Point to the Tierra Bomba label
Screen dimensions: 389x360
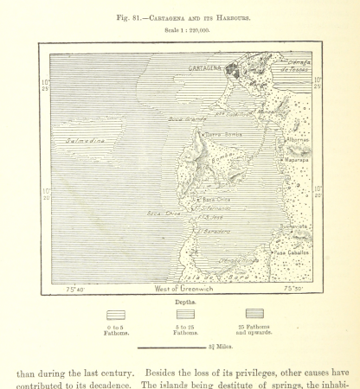pos(222,135)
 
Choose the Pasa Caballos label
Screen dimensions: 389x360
pos(291,252)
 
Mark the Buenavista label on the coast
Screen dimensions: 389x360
pos(293,226)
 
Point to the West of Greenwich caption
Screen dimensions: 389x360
pos(183,288)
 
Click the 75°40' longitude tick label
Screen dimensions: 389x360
pos(76,288)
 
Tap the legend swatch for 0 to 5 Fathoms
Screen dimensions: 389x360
pos(115,316)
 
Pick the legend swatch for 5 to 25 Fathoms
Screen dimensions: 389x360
pos(185,316)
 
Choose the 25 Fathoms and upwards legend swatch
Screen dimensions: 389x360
pos(254,314)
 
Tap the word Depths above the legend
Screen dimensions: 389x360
pos(183,303)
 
